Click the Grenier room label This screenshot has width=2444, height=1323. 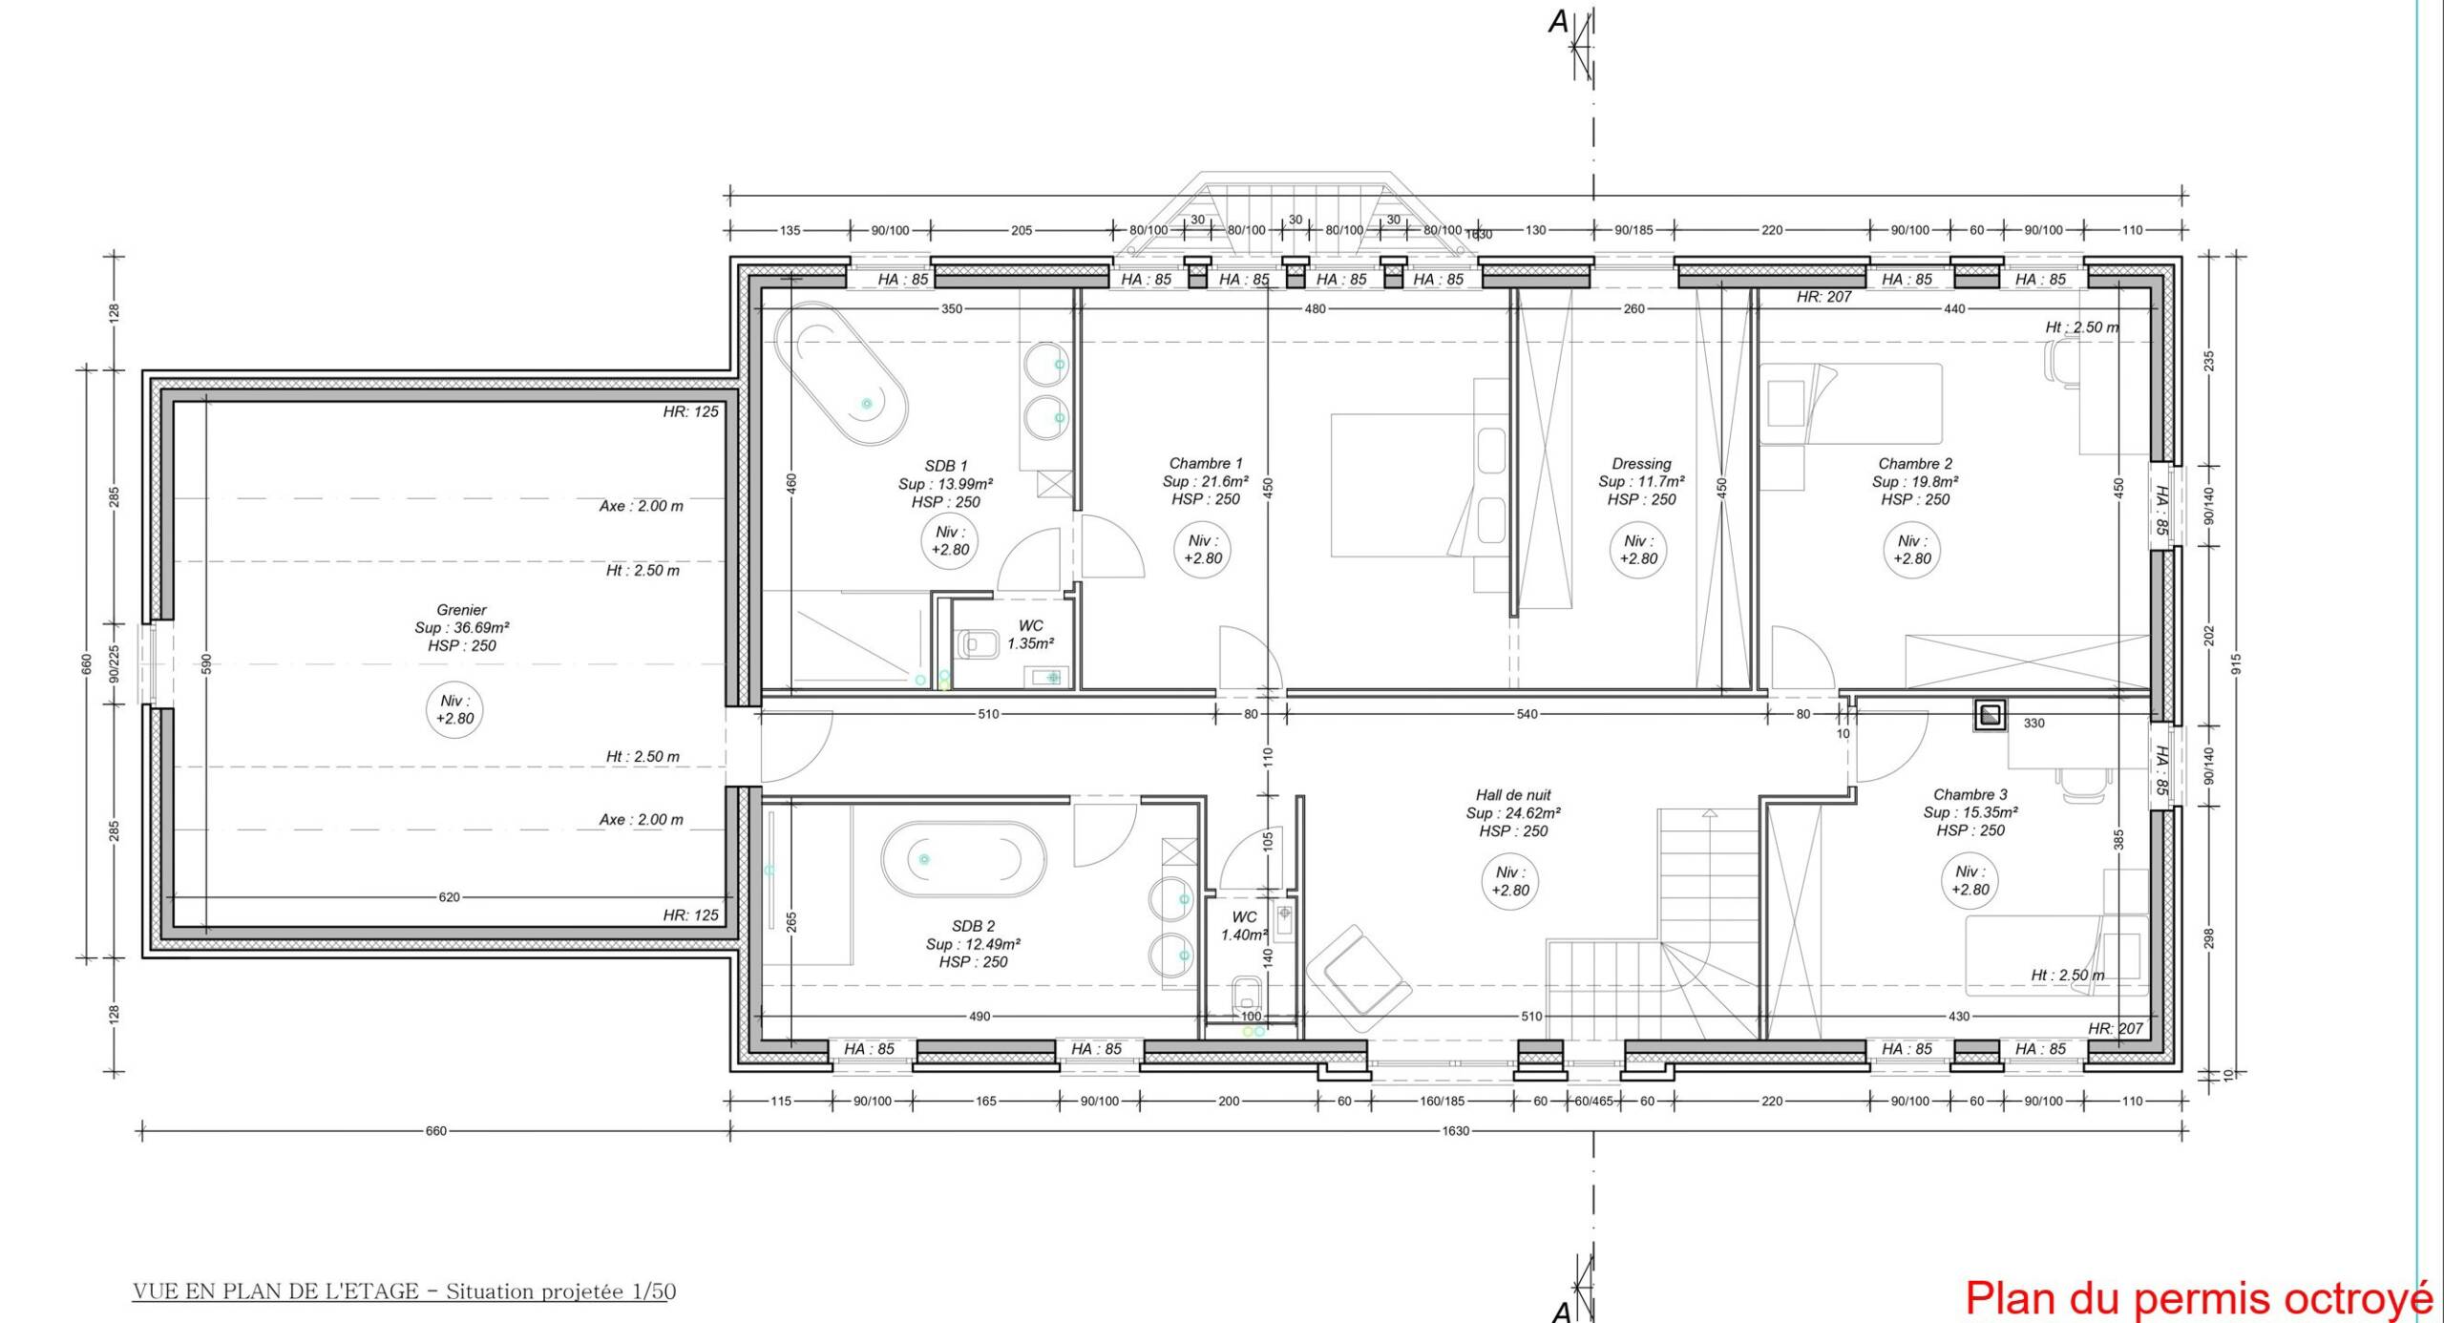(x=461, y=610)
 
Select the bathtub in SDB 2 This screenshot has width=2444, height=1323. (x=962, y=859)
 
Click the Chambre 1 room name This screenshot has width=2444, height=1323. (x=1206, y=464)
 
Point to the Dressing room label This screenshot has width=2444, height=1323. (x=1641, y=464)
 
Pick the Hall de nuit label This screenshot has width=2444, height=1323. (x=1513, y=795)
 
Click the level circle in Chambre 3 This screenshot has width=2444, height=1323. (x=1970, y=881)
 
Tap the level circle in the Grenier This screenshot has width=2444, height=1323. (x=454, y=710)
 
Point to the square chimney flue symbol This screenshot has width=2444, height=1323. (x=1990, y=715)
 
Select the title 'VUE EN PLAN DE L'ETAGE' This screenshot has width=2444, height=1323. (x=276, y=1291)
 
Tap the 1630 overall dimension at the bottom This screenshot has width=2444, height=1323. (x=1455, y=1131)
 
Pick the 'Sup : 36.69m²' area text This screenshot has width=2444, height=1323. (x=462, y=628)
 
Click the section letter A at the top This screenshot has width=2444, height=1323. (x=1558, y=22)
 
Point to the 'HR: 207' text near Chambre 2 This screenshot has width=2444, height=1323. (x=1823, y=297)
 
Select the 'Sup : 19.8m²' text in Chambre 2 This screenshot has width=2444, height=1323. (x=1915, y=482)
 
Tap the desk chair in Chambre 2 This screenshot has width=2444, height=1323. (x=2060, y=363)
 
